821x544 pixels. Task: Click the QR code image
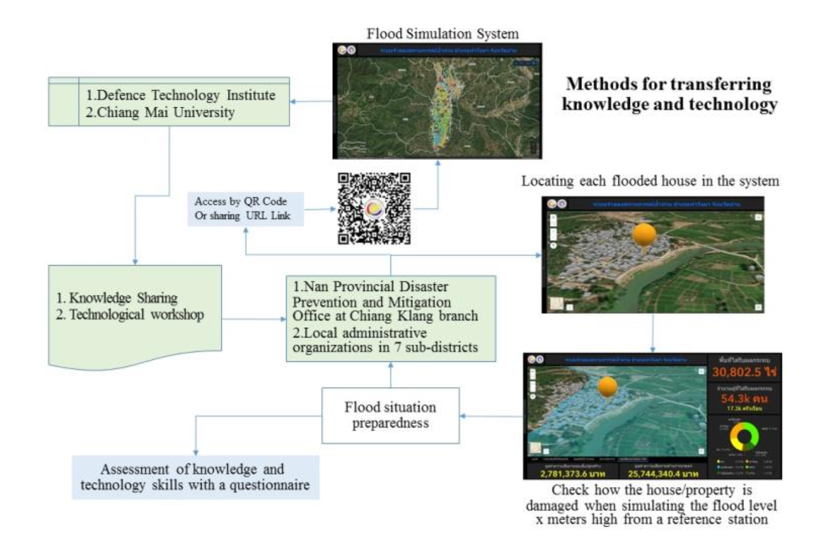[374, 208]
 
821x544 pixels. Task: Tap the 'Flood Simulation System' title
[442, 34]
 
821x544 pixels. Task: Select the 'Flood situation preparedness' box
[390, 415]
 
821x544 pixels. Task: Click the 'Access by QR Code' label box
[245, 209]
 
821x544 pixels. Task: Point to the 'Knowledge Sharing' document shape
[135, 313]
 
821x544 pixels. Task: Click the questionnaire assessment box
[195, 477]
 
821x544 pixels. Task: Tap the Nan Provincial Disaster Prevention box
[390, 317]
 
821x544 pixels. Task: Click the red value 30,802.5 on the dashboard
[744, 372]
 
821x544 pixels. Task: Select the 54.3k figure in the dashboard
[743, 398]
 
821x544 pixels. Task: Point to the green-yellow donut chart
[744, 436]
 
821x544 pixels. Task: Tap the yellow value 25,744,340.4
[663, 474]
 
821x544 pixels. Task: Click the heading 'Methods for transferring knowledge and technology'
[669, 94]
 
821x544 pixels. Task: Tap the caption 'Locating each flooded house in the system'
[650, 181]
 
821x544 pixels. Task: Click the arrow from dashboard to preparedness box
[491, 416]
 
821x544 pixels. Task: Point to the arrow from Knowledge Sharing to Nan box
[254, 319]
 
